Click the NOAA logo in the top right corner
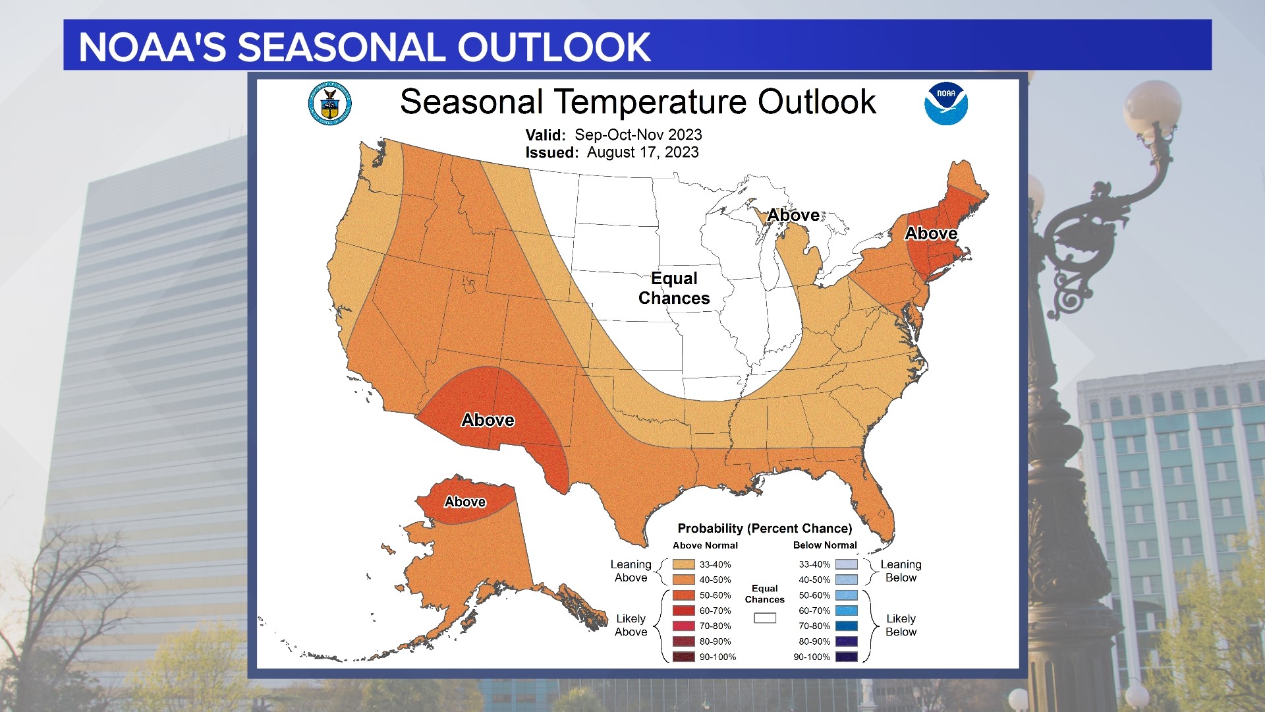(x=945, y=104)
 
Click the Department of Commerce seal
(x=329, y=104)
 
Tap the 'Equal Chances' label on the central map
(x=674, y=288)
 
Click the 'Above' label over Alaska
(x=464, y=502)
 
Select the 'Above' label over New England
(x=930, y=233)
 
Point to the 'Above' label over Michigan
(x=793, y=215)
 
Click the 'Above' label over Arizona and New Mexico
(x=488, y=420)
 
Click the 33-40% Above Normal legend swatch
(x=683, y=564)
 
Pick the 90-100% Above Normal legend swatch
(x=683, y=657)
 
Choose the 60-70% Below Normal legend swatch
(x=846, y=610)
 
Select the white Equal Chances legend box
(x=764, y=618)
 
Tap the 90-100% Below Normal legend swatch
(x=846, y=657)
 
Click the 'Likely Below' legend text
(x=901, y=625)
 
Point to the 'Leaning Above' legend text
(x=631, y=571)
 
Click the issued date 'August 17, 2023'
(x=642, y=152)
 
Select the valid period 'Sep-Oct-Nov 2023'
(x=638, y=134)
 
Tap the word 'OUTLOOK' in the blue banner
(x=553, y=47)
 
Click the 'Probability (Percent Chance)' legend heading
(x=764, y=528)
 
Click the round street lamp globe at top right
(x=1152, y=107)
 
